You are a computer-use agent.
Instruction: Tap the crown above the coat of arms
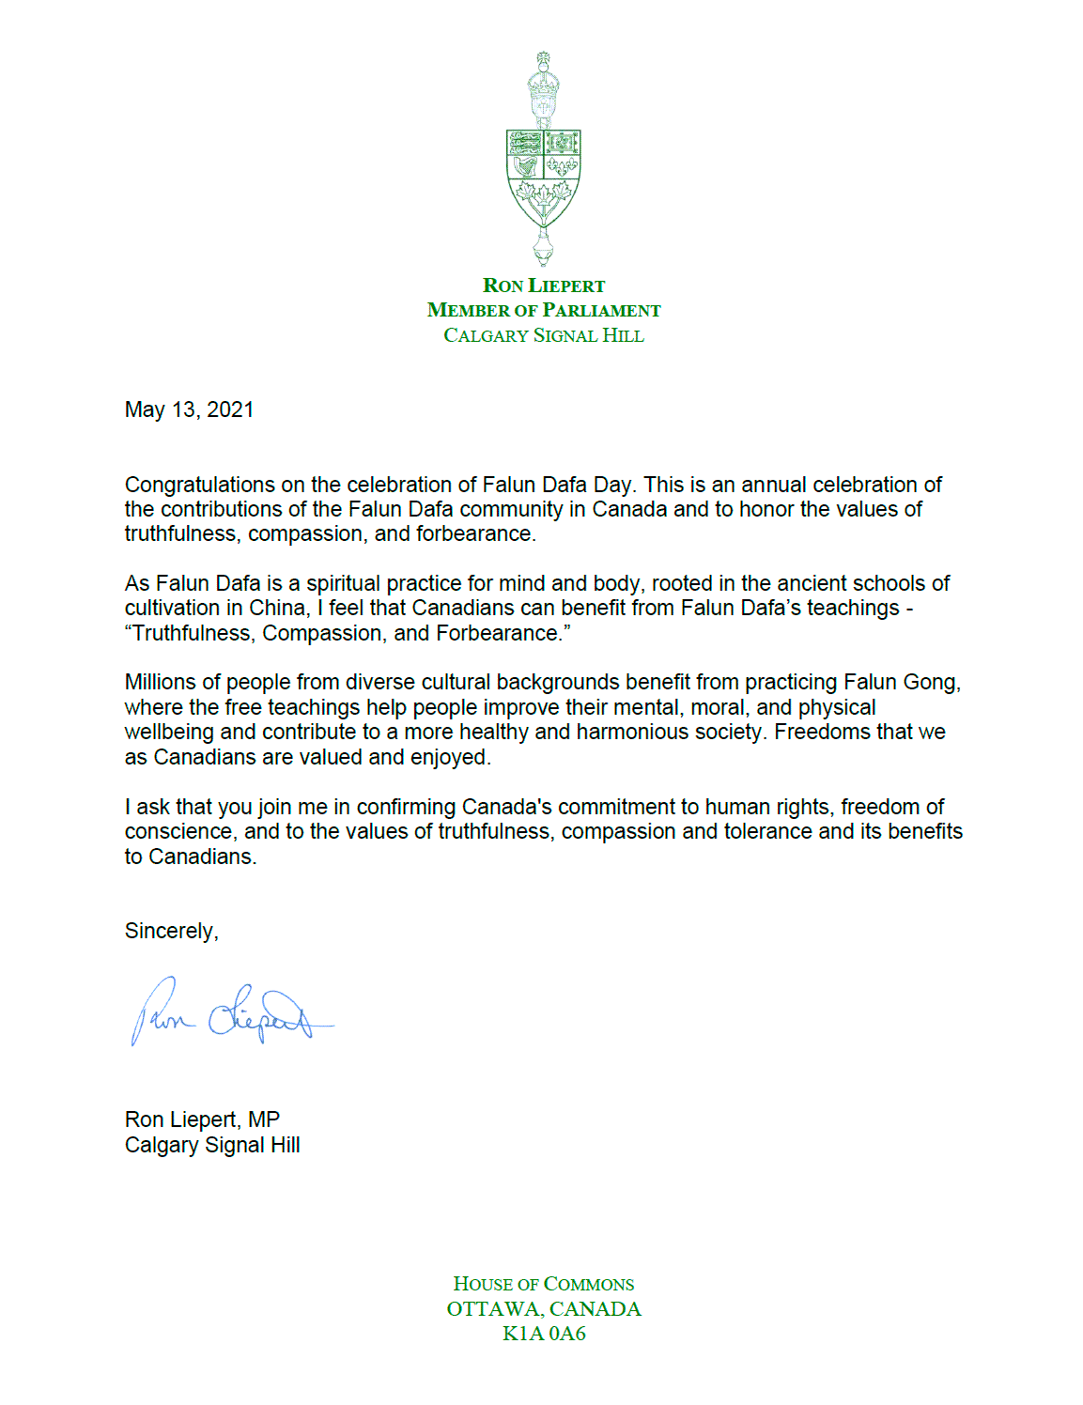pyautogui.click(x=543, y=89)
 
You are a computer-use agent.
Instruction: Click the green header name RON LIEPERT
pyautogui.click(x=544, y=286)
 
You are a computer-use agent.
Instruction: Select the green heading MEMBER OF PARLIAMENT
pyautogui.click(x=544, y=310)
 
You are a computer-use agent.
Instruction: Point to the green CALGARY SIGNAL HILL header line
pyautogui.click(x=544, y=335)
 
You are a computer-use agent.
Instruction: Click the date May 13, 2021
pyautogui.click(x=189, y=409)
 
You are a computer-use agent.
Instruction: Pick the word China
pyautogui.click(x=278, y=608)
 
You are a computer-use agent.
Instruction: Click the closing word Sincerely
pyautogui.click(x=170, y=931)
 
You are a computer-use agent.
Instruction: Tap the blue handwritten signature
pyautogui.click(x=230, y=1012)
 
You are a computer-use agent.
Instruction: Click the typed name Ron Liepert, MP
pyautogui.click(x=202, y=1119)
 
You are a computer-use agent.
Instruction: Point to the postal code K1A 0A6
pyautogui.click(x=544, y=1334)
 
